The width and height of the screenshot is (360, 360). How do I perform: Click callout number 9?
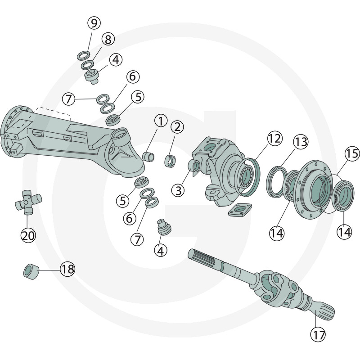click(94, 22)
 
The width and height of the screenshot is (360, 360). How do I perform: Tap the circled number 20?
click(28, 235)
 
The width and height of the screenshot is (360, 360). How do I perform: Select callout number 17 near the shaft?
click(319, 334)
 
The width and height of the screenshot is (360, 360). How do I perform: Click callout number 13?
click(301, 142)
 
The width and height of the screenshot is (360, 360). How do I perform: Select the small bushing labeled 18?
click(30, 271)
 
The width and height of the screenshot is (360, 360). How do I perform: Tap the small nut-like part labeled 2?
click(170, 160)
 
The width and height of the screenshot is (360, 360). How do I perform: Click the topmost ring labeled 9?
click(82, 55)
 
